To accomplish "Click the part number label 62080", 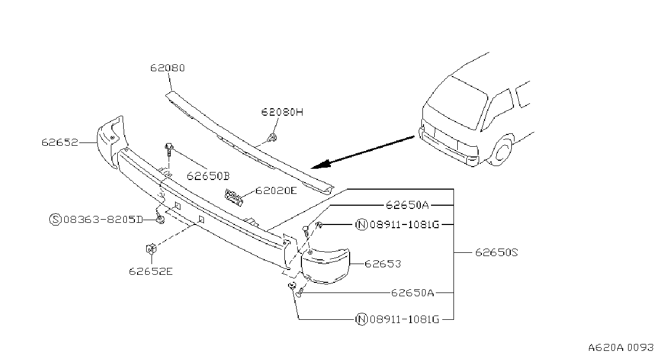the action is coord(168,68).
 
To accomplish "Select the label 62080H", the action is coord(282,112).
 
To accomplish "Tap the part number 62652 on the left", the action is coord(60,142).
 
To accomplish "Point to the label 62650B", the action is coord(208,176).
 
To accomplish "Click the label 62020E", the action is coord(276,191).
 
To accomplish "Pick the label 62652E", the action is coord(150,271).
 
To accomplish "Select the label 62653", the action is coord(383,264).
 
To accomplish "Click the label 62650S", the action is coord(496,252).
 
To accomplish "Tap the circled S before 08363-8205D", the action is coord(55,220).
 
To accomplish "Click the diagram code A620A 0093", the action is coord(621,348).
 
